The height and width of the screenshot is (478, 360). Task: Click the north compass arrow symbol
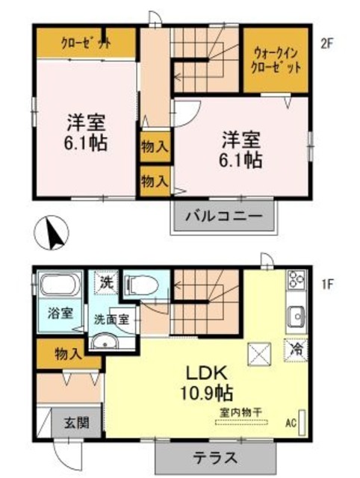(x=52, y=232)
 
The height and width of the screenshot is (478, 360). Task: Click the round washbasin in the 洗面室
(x=105, y=343)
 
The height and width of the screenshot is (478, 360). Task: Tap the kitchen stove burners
(x=296, y=281)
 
